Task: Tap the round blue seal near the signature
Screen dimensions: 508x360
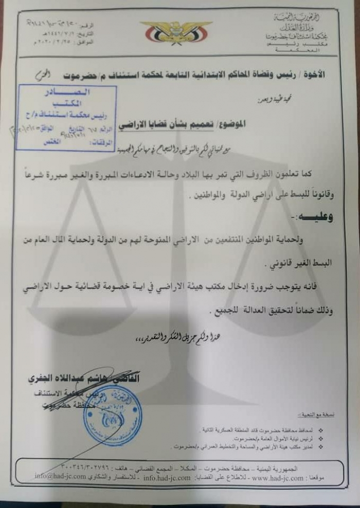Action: tap(112, 415)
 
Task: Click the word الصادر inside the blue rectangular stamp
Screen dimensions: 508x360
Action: tap(70, 93)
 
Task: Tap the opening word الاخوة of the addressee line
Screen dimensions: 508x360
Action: tap(322, 76)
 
